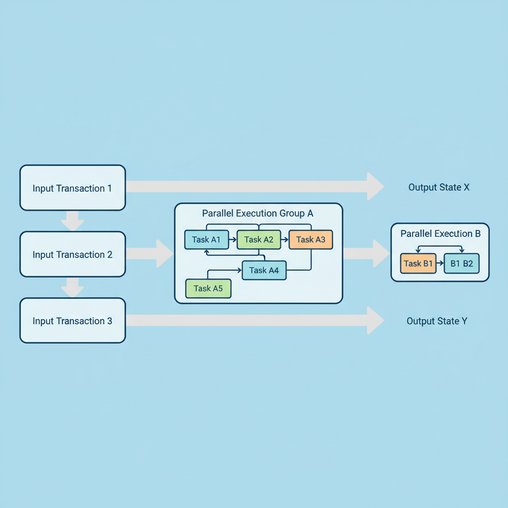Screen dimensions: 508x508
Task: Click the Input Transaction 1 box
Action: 72,188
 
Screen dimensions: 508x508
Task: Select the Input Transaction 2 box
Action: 72,254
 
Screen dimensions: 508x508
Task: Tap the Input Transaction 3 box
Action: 72,321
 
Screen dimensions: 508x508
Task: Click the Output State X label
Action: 439,188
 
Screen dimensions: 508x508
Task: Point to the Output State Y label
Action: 437,321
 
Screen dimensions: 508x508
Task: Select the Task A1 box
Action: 206,240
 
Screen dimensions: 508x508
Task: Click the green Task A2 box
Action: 258,240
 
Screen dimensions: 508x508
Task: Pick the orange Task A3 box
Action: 311,240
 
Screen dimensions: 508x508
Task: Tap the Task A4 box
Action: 264,270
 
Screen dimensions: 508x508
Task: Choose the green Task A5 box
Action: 208,288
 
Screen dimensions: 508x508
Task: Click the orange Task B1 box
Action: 418,263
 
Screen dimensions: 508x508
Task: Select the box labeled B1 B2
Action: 461,263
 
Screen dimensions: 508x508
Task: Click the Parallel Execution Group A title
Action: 258,213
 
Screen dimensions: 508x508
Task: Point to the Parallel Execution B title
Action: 440,234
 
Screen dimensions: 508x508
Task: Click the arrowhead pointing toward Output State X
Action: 375,187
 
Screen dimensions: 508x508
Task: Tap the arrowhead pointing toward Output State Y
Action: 375,320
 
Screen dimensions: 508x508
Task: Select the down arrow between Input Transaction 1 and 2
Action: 72,221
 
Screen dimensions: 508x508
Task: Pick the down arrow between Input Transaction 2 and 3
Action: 72,288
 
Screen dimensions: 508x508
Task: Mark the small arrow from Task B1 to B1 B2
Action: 440,264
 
